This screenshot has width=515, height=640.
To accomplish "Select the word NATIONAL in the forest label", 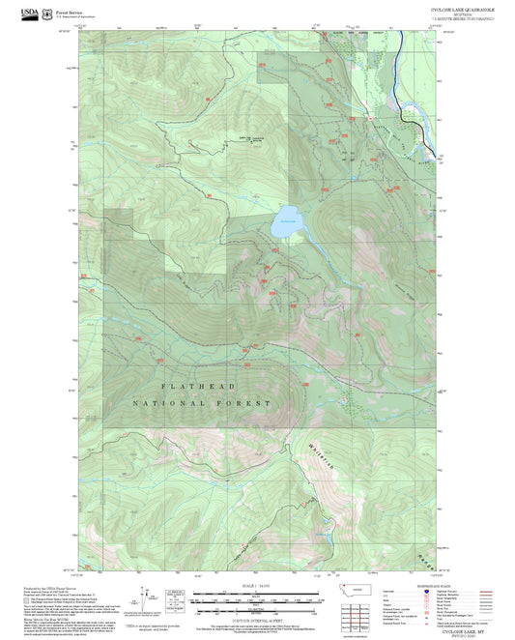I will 168,402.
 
